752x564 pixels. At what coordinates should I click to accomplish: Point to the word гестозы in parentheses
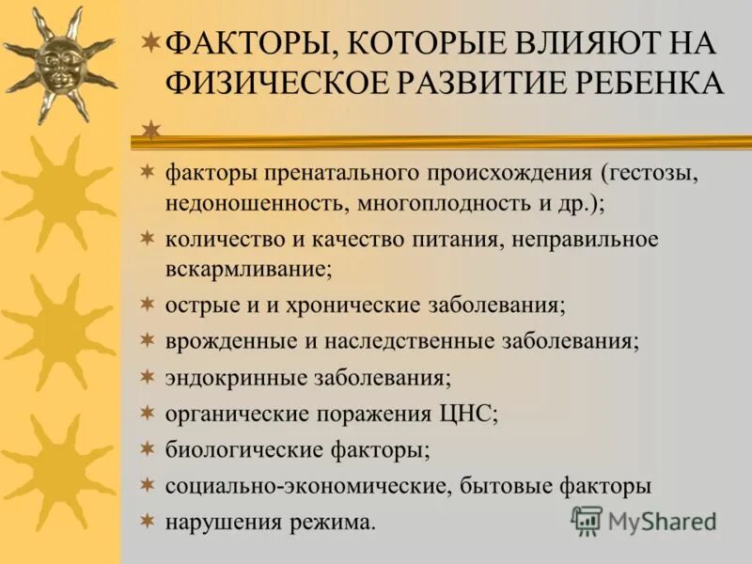(x=655, y=174)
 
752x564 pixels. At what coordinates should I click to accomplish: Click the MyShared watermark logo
(x=644, y=520)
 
